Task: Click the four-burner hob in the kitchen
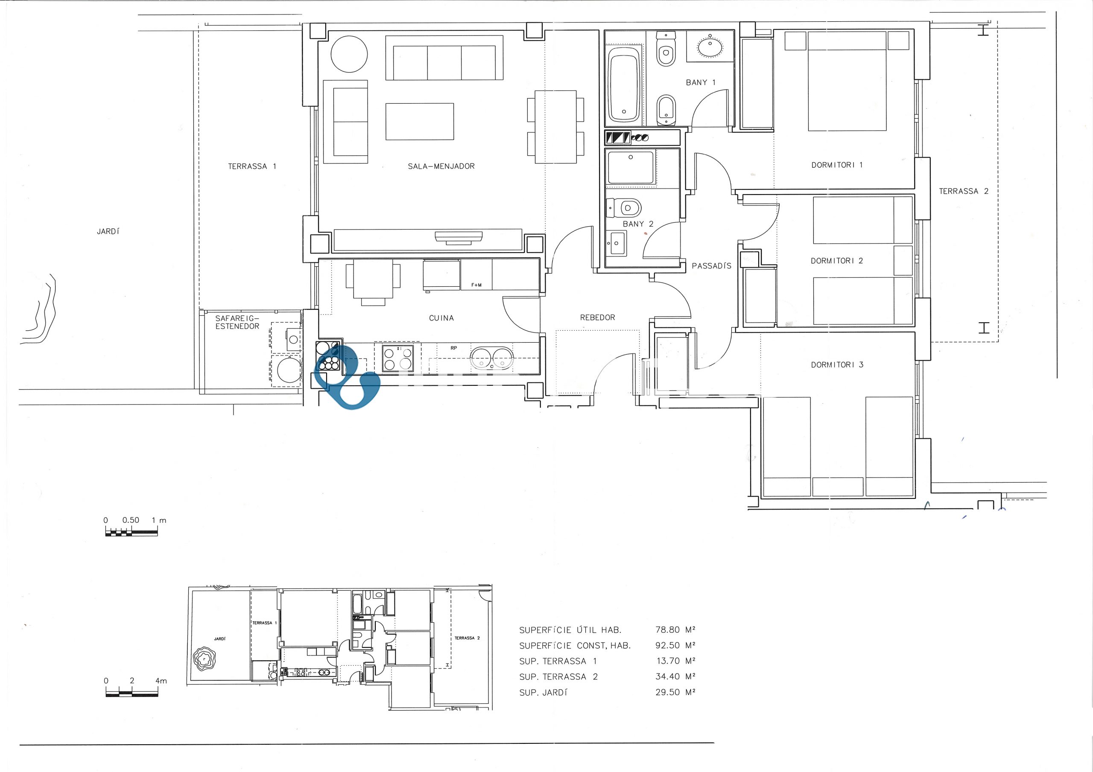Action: (397, 358)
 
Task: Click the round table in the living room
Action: (349, 54)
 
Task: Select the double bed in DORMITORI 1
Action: (847, 81)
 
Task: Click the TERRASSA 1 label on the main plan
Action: (252, 166)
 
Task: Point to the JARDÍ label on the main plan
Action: (108, 231)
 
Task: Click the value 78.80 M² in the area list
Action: (675, 630)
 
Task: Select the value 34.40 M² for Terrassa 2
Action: (675, 676)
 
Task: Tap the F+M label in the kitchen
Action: (476, 285)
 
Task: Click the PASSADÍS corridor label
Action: (711, 266)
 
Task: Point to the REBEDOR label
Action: (597, 318)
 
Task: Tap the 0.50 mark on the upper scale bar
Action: (131, 520)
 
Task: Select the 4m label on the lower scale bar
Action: (161, 681)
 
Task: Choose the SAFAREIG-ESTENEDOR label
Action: (237, 322)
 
